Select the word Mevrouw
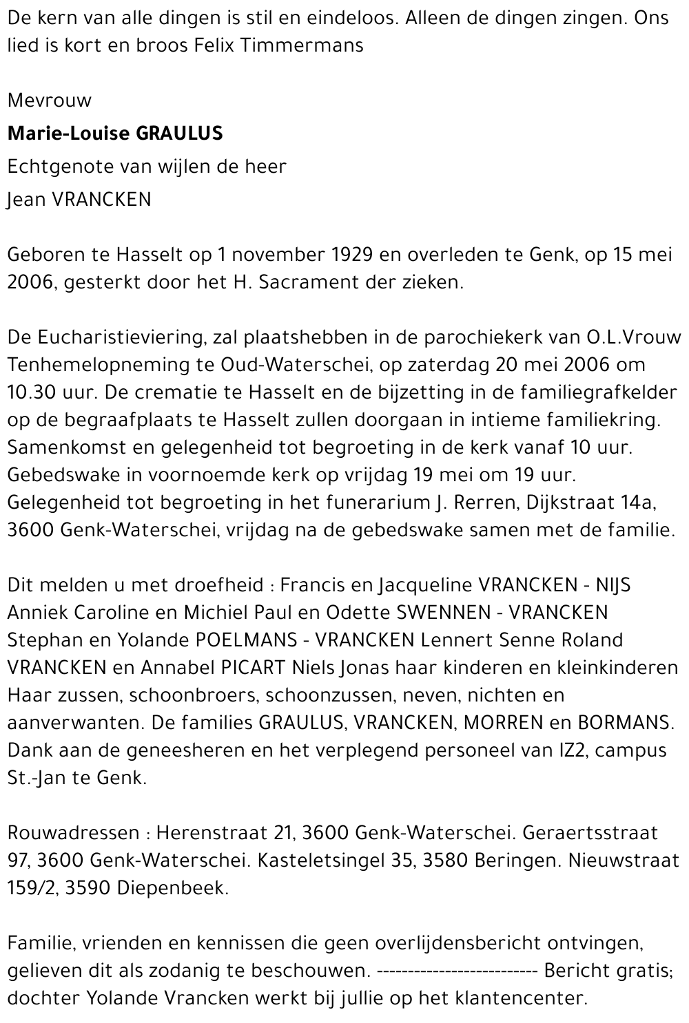point(49,101)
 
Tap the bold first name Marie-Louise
point(68,133)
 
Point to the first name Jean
point(23,200)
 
